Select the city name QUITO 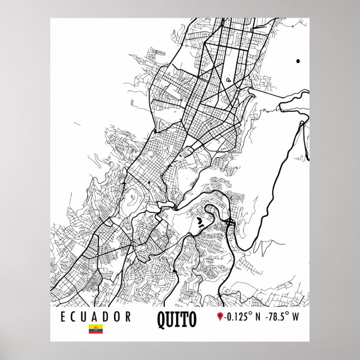[x=177, y=319]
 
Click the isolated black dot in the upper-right [x=298, y=60]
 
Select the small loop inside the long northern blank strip [x=229, y=79]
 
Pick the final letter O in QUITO [x=192, y=319]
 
